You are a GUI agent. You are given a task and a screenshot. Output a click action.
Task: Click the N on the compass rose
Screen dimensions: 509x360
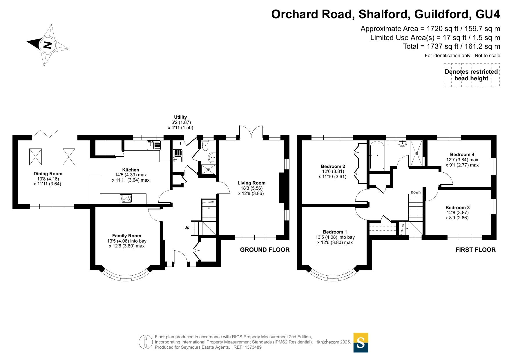tap(48, 45)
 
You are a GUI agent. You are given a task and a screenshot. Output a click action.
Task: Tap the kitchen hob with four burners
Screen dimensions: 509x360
tap(126, 199)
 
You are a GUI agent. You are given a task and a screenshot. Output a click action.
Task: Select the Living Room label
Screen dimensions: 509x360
tap(251, 183)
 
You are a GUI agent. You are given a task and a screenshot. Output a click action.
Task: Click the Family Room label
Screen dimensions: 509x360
tap(127, 236)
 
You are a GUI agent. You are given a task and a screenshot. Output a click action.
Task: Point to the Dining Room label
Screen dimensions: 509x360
tap(48, 174)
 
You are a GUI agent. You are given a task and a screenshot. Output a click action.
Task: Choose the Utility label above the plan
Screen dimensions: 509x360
tap(180, 117)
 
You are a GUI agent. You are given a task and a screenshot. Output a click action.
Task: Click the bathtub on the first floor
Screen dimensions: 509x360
tap(377, 156)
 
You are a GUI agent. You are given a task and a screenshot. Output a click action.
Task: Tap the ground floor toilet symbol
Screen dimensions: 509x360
tap(205, 146)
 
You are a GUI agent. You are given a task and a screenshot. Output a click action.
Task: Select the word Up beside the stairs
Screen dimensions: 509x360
tap(187, 227)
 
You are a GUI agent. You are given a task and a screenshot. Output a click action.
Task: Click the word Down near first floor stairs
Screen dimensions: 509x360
tap(416, 192)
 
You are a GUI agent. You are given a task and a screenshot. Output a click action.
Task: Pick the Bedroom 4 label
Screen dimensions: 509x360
tap(462, 155)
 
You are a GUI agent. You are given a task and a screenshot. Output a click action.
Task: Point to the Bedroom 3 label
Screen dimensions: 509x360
tap(458, 208)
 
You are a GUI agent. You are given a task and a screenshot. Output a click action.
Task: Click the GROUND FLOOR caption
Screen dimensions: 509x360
tap(265, 250)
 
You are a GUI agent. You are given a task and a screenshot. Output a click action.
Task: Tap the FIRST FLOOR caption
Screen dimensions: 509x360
tap(476, 250)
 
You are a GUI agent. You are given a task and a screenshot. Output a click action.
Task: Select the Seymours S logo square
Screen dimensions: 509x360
tap(361, 343)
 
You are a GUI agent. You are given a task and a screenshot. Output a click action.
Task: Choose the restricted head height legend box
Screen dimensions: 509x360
tap(472, 75)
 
